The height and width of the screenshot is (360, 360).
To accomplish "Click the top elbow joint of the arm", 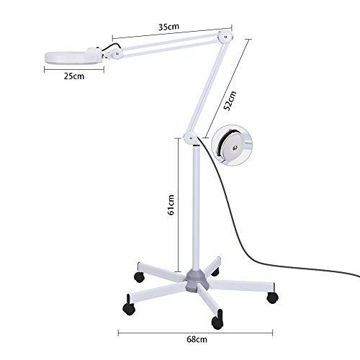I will [228, 35].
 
